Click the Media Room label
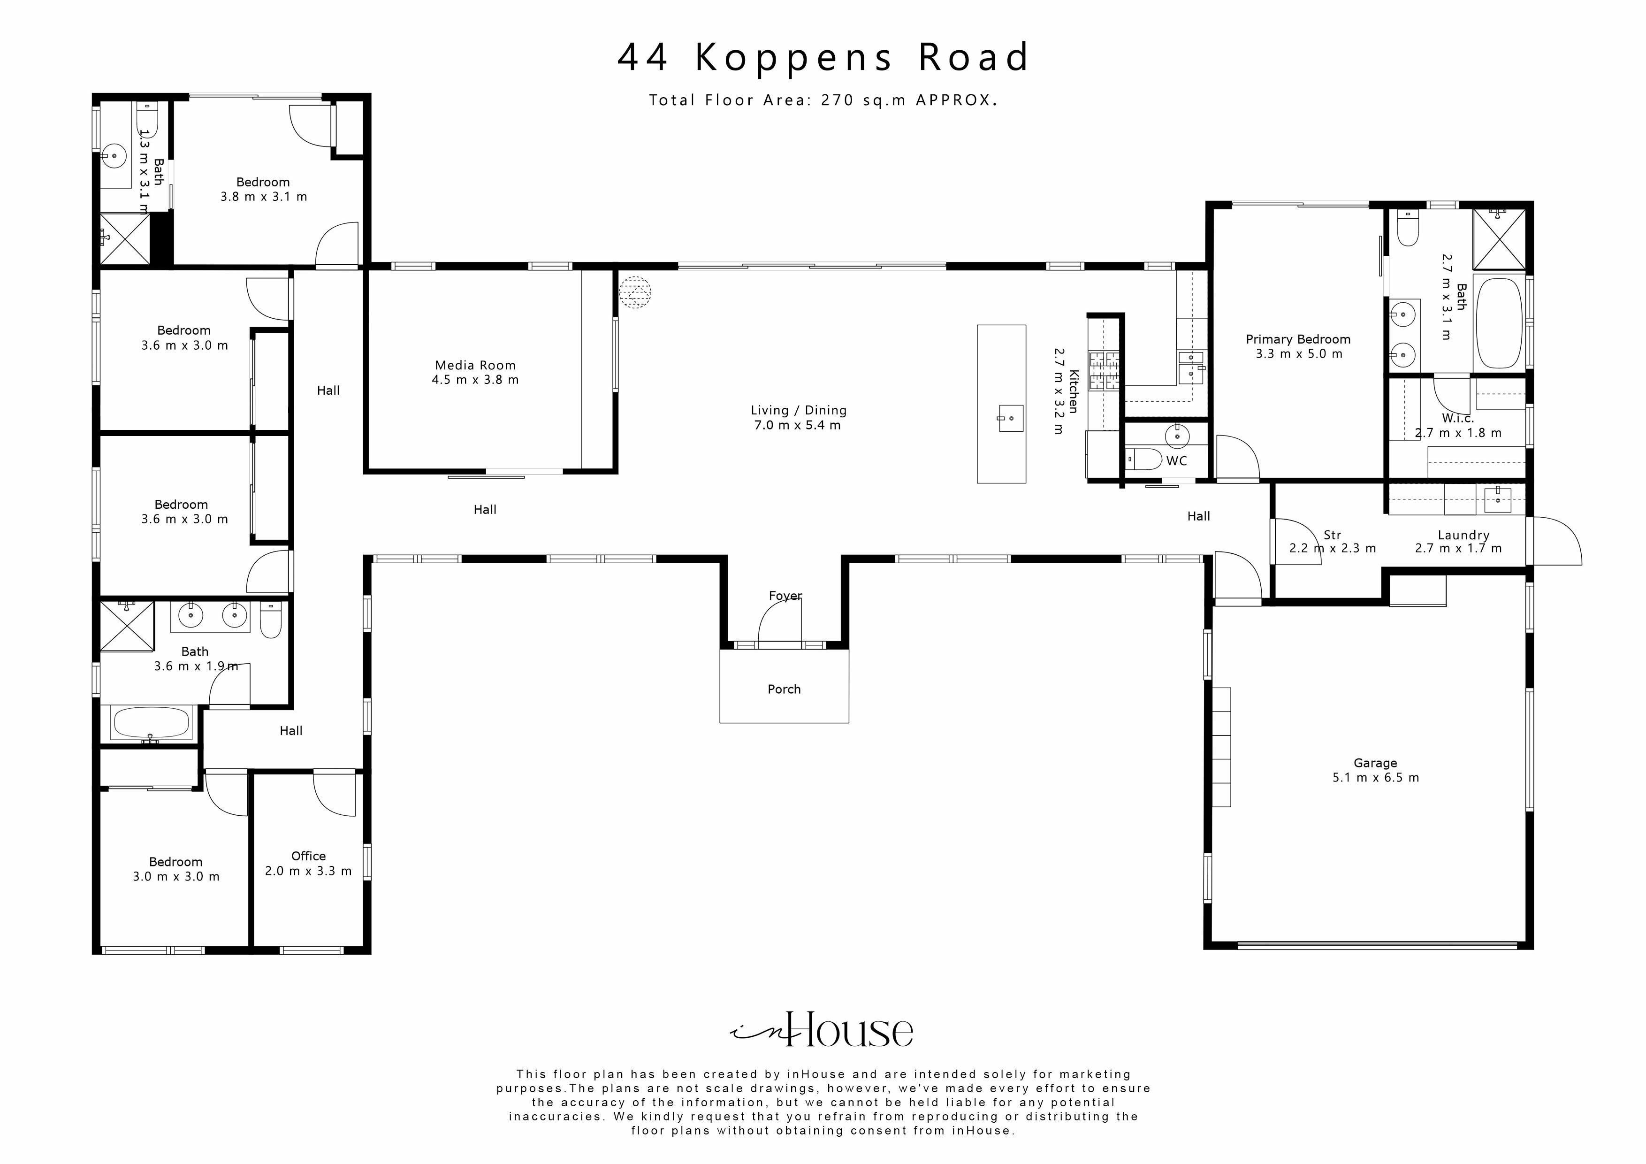[x=474, y=365]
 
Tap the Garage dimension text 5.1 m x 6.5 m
[x=1375, y=777]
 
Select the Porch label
[x=784, y=689]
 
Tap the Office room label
[x=308, y=856]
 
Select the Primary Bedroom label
[x=1297, y=339]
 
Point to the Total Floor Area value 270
[x=838, y=100]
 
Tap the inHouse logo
[x=822, y=1031]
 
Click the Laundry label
[x=1463, y=535]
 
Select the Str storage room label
[x=1332, y=535]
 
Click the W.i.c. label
[x=1457, y=418]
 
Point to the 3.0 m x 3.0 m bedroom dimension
[x=175, y=876]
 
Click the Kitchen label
[x=1073, y=391]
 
